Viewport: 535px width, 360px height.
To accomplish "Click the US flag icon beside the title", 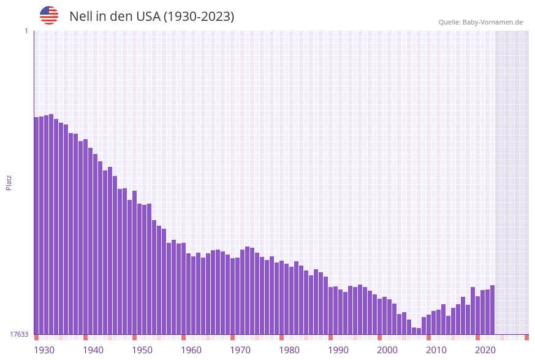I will coord(49,15).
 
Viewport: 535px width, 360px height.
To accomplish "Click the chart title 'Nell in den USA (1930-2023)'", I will coord(151,17).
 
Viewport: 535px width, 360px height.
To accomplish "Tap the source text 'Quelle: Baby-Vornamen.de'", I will coord(480,22).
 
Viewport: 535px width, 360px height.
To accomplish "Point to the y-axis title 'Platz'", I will coord(9,182).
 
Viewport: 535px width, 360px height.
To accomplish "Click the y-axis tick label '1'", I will coord(26,31).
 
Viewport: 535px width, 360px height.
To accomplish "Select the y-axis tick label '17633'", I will coord(19,334).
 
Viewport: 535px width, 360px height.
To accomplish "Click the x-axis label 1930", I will coord(44,350).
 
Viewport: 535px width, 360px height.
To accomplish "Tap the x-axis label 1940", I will coord(93,350).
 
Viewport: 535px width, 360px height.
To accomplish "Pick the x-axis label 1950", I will coord(142,350).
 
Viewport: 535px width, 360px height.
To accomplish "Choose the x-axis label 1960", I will coord(191,350).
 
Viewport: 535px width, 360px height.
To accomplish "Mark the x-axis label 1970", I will coord(240,350).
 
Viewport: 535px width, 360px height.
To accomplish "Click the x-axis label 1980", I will coord(289,350).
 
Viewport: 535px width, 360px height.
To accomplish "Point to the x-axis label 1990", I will coord(338,350).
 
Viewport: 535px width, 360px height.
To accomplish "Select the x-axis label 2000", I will coord(387,350).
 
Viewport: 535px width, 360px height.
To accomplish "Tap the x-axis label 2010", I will coord(436,350).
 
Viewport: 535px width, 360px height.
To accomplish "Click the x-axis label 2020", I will coord(485,350).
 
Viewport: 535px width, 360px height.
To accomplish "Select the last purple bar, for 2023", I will coord(492,310).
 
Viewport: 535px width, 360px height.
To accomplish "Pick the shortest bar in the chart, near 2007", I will coord(419,331).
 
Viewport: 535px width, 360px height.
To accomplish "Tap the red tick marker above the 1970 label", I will coord(232,337).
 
